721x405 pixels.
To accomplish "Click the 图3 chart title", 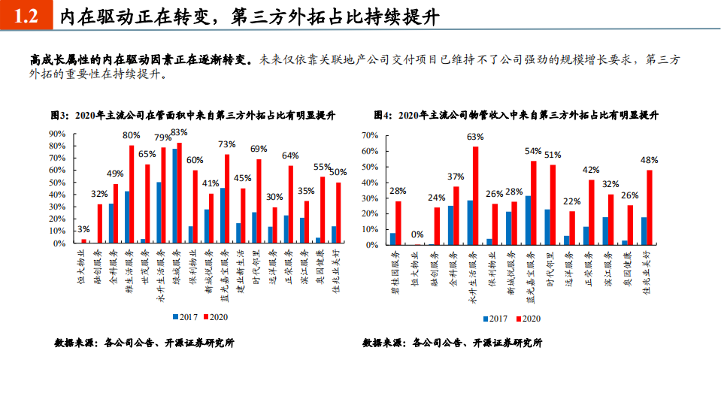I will [192, 115].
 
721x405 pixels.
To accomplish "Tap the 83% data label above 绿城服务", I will [179, 132].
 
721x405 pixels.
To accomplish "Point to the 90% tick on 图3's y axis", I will [57, 134].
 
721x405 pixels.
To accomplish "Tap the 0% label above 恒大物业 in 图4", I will [417, 234].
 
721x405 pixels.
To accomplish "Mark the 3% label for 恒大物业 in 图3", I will [83, 229].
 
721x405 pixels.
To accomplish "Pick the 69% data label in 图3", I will [259, 149].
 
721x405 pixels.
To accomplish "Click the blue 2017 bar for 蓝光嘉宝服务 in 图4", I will [529, 220].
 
